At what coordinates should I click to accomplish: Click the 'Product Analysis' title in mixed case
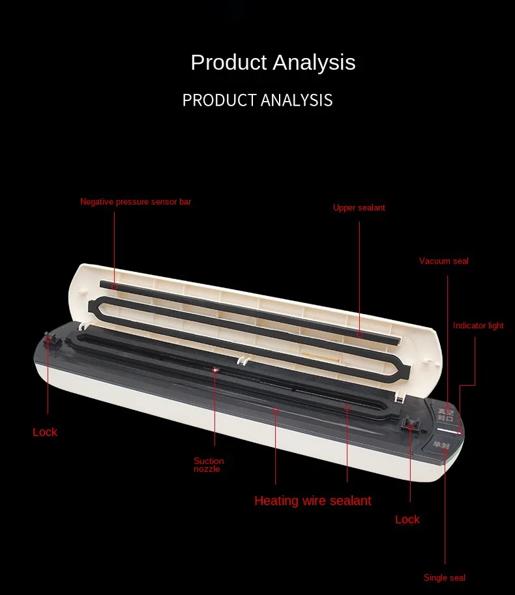coord(273,62)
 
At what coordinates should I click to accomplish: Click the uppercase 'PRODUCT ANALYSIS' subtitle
coord(257,100)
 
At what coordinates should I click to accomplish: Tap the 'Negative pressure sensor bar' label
coord(136,201)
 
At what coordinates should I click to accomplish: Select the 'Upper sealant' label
coord(359,208)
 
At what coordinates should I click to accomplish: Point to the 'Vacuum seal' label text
coord(444,261)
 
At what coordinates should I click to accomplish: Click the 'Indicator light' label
coord(478,326)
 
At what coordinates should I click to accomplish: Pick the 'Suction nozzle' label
coord(209,465)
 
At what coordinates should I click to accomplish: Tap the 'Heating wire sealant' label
coord(313,501)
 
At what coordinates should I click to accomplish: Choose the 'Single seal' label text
coord(445,577)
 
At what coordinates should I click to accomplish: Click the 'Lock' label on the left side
coord(45,432)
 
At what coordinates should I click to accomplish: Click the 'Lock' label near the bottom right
coord(407,519)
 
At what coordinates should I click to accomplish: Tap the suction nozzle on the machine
coord(215,370)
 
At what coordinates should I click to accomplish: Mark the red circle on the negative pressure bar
coord(114,287)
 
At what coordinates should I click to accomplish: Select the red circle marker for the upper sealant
coord(359,335)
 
